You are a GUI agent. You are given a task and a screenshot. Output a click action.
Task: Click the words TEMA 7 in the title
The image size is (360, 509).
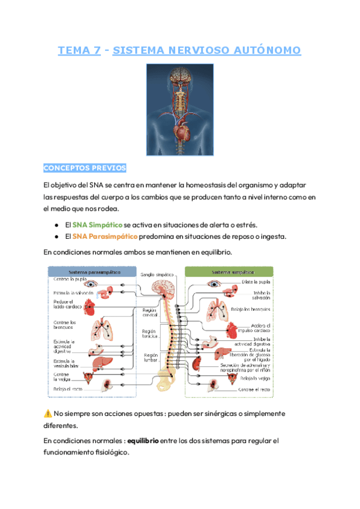(79, 51)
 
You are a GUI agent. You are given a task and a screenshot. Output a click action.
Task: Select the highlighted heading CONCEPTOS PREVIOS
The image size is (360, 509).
(85, 167)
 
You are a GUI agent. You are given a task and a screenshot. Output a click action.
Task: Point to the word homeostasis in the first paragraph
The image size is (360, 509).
(191, 185)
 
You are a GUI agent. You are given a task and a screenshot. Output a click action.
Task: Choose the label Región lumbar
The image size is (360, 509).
(151, 358)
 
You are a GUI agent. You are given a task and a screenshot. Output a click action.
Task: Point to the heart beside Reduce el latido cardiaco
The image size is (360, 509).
(89, 308)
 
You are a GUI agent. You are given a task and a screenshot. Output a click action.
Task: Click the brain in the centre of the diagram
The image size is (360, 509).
(164, 288)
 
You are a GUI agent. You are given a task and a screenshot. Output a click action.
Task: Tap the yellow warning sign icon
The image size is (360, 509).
(48, 414)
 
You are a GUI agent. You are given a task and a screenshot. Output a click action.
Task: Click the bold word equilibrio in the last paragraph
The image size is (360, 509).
(143, 441)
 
